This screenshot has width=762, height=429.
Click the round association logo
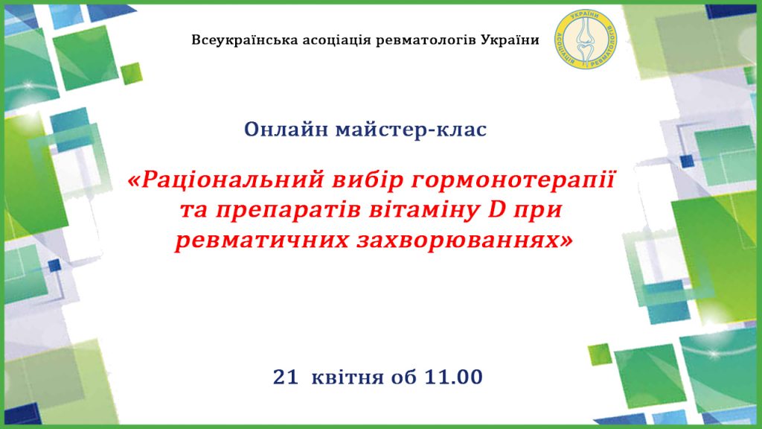click(x=586, y=39)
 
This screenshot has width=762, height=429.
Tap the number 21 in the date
click(x=286, y=377)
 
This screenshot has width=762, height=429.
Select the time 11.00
click(x=453, y=377)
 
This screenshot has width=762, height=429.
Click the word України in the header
click(x=510, y=40)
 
